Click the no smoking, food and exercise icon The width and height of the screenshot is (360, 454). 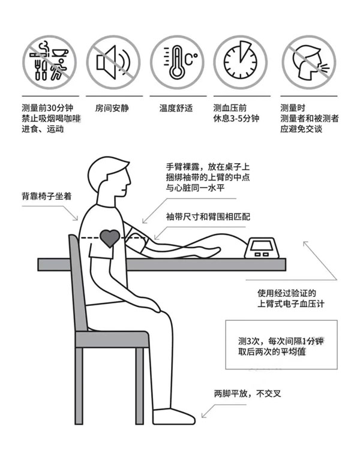tap(49, 62)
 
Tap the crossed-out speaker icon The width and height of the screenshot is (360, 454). tap(113, 62)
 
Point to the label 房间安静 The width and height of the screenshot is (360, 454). tap(112, 109)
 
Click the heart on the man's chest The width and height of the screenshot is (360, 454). tap(110, 238)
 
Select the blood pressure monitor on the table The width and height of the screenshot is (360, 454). tap(263, 248)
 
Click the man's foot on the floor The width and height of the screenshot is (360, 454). tap(173, 416)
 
